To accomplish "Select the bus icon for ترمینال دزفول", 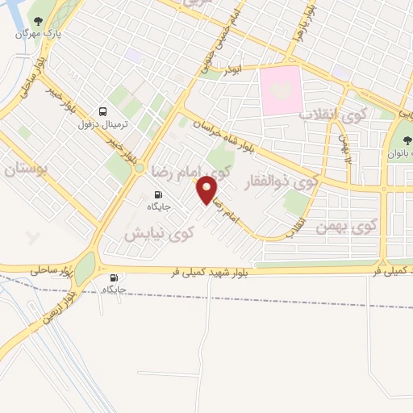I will [x=102, y=111].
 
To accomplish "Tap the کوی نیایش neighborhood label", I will [x=160, y=233].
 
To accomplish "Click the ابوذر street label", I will [x=232, y=71].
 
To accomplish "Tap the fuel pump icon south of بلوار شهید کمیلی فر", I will [x=113, y=278].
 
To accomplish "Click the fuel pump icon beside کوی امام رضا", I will [x=157, y=194].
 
